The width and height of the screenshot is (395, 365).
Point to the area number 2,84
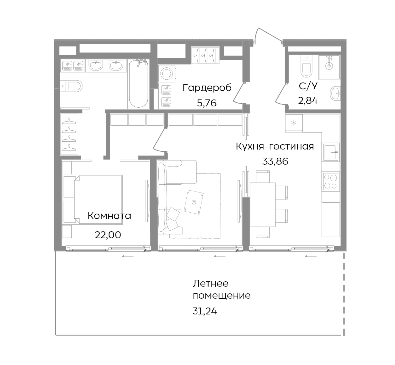[308, 100]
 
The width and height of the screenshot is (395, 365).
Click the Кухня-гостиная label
[275, 146]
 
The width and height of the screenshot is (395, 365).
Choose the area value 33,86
[275, 161]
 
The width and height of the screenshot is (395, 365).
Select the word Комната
[109, 216]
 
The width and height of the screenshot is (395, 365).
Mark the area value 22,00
[107, 234]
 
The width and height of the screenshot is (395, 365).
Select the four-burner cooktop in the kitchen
[330, 181]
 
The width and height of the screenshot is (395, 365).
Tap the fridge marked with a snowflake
[294, 123]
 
